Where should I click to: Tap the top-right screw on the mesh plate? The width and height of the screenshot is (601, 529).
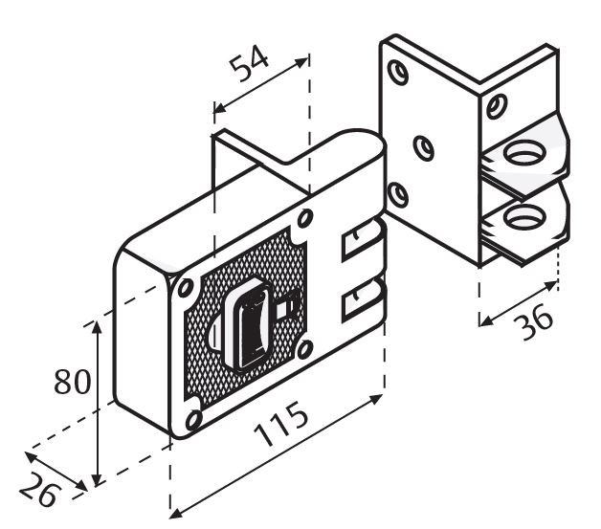pyautogui.click(x=305, y=218)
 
